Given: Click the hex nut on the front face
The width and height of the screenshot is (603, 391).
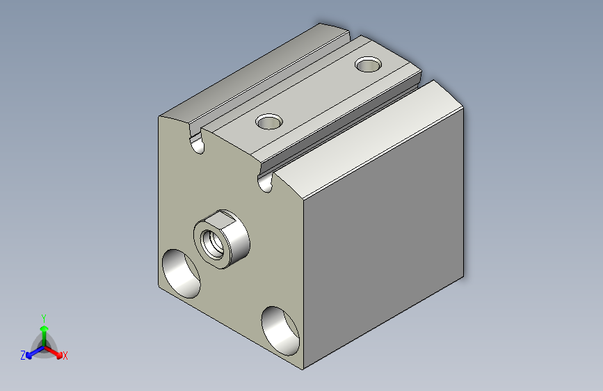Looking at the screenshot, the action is (x=221, y=239).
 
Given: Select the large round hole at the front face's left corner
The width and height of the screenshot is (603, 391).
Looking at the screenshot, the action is (x=181, y=273).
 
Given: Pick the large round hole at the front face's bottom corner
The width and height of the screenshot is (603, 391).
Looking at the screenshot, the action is (x=280, y=331).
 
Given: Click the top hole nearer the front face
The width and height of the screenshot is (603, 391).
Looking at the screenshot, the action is (x=269, y=122).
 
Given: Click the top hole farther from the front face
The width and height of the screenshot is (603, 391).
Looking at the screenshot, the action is (x=369, y=64).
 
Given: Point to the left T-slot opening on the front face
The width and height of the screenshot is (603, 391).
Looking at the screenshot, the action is (x=197, y=143).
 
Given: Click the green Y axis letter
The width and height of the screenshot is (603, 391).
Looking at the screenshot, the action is (x=44, y=319).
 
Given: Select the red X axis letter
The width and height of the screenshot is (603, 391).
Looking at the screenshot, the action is (x=65, y=356).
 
